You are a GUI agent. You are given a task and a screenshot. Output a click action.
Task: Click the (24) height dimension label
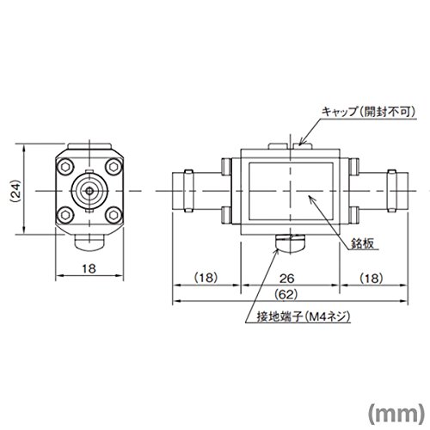16,191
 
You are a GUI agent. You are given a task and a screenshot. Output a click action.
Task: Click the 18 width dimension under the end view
89,269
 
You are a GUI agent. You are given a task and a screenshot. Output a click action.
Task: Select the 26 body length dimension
287,278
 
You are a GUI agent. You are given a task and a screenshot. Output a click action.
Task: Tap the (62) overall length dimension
286,294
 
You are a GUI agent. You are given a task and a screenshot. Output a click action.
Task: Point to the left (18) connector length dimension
206,278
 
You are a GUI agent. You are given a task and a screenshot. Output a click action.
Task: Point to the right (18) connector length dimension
372,278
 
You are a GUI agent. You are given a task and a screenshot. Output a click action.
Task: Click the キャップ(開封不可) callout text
368,112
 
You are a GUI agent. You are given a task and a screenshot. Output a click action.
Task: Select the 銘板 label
362,243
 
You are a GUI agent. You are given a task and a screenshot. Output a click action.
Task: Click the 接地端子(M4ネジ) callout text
304,316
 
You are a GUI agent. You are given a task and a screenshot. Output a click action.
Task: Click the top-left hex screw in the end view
65,167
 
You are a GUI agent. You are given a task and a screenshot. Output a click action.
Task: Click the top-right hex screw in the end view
114,167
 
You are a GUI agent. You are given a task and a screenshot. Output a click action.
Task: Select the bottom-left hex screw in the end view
65,215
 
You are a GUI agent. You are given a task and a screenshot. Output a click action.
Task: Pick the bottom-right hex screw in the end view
114,215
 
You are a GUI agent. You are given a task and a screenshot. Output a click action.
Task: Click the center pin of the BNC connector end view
89,191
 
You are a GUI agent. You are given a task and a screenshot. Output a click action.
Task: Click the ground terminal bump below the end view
89,243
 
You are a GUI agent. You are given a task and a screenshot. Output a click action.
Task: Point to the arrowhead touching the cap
302,142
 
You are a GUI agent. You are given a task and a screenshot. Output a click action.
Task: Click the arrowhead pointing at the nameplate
311,199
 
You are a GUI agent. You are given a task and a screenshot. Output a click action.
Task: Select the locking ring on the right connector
391,191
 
